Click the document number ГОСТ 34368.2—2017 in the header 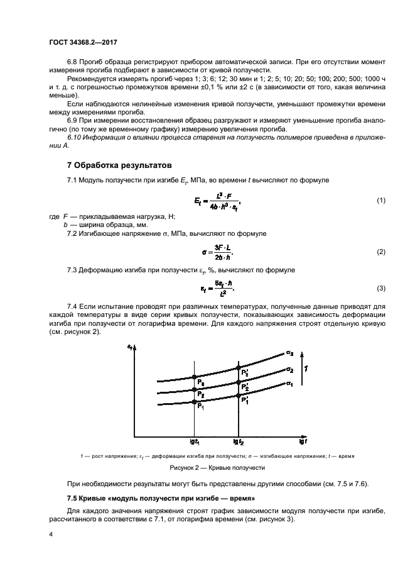(x=84, y=43)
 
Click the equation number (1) (x=380, y=201)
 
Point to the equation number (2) (x=380, y=252)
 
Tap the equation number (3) (x=380, y=289)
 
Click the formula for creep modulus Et (x=217, y=201)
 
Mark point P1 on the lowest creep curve (x=194, y=401)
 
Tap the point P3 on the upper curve (x=194, y=377)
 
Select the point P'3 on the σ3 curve (x=237, y=367)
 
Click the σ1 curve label (x=289, y=384)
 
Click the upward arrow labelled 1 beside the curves (x=306, y=369)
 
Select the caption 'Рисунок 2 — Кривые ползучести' (x=217, y=468)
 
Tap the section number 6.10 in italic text (x=75, y=137)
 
